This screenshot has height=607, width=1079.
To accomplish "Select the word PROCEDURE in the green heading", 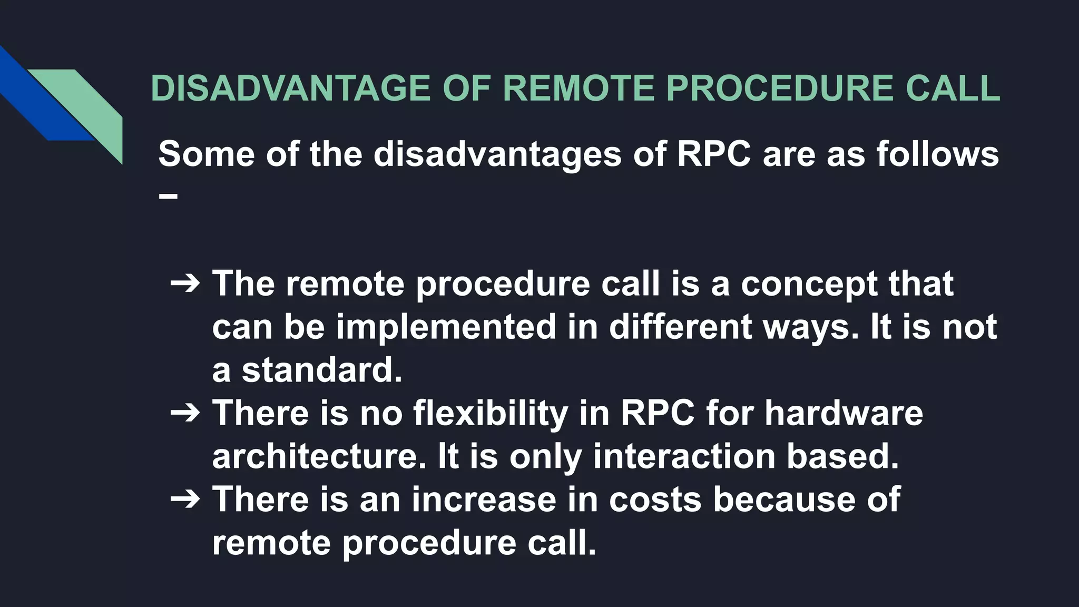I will (x=779, y=88).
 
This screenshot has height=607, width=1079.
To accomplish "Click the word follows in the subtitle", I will (x=937, y=154).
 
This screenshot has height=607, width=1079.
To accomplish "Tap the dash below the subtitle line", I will (x=168, y=197).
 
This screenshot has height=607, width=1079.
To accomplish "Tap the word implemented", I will (x=446, y=327).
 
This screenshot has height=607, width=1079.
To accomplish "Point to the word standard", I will (x=321, y=370).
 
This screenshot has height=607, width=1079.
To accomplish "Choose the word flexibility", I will (x=491, y=413).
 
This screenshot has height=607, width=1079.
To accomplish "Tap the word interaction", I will (x=684, y=456).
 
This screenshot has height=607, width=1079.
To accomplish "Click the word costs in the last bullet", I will (x=655, y=500).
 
